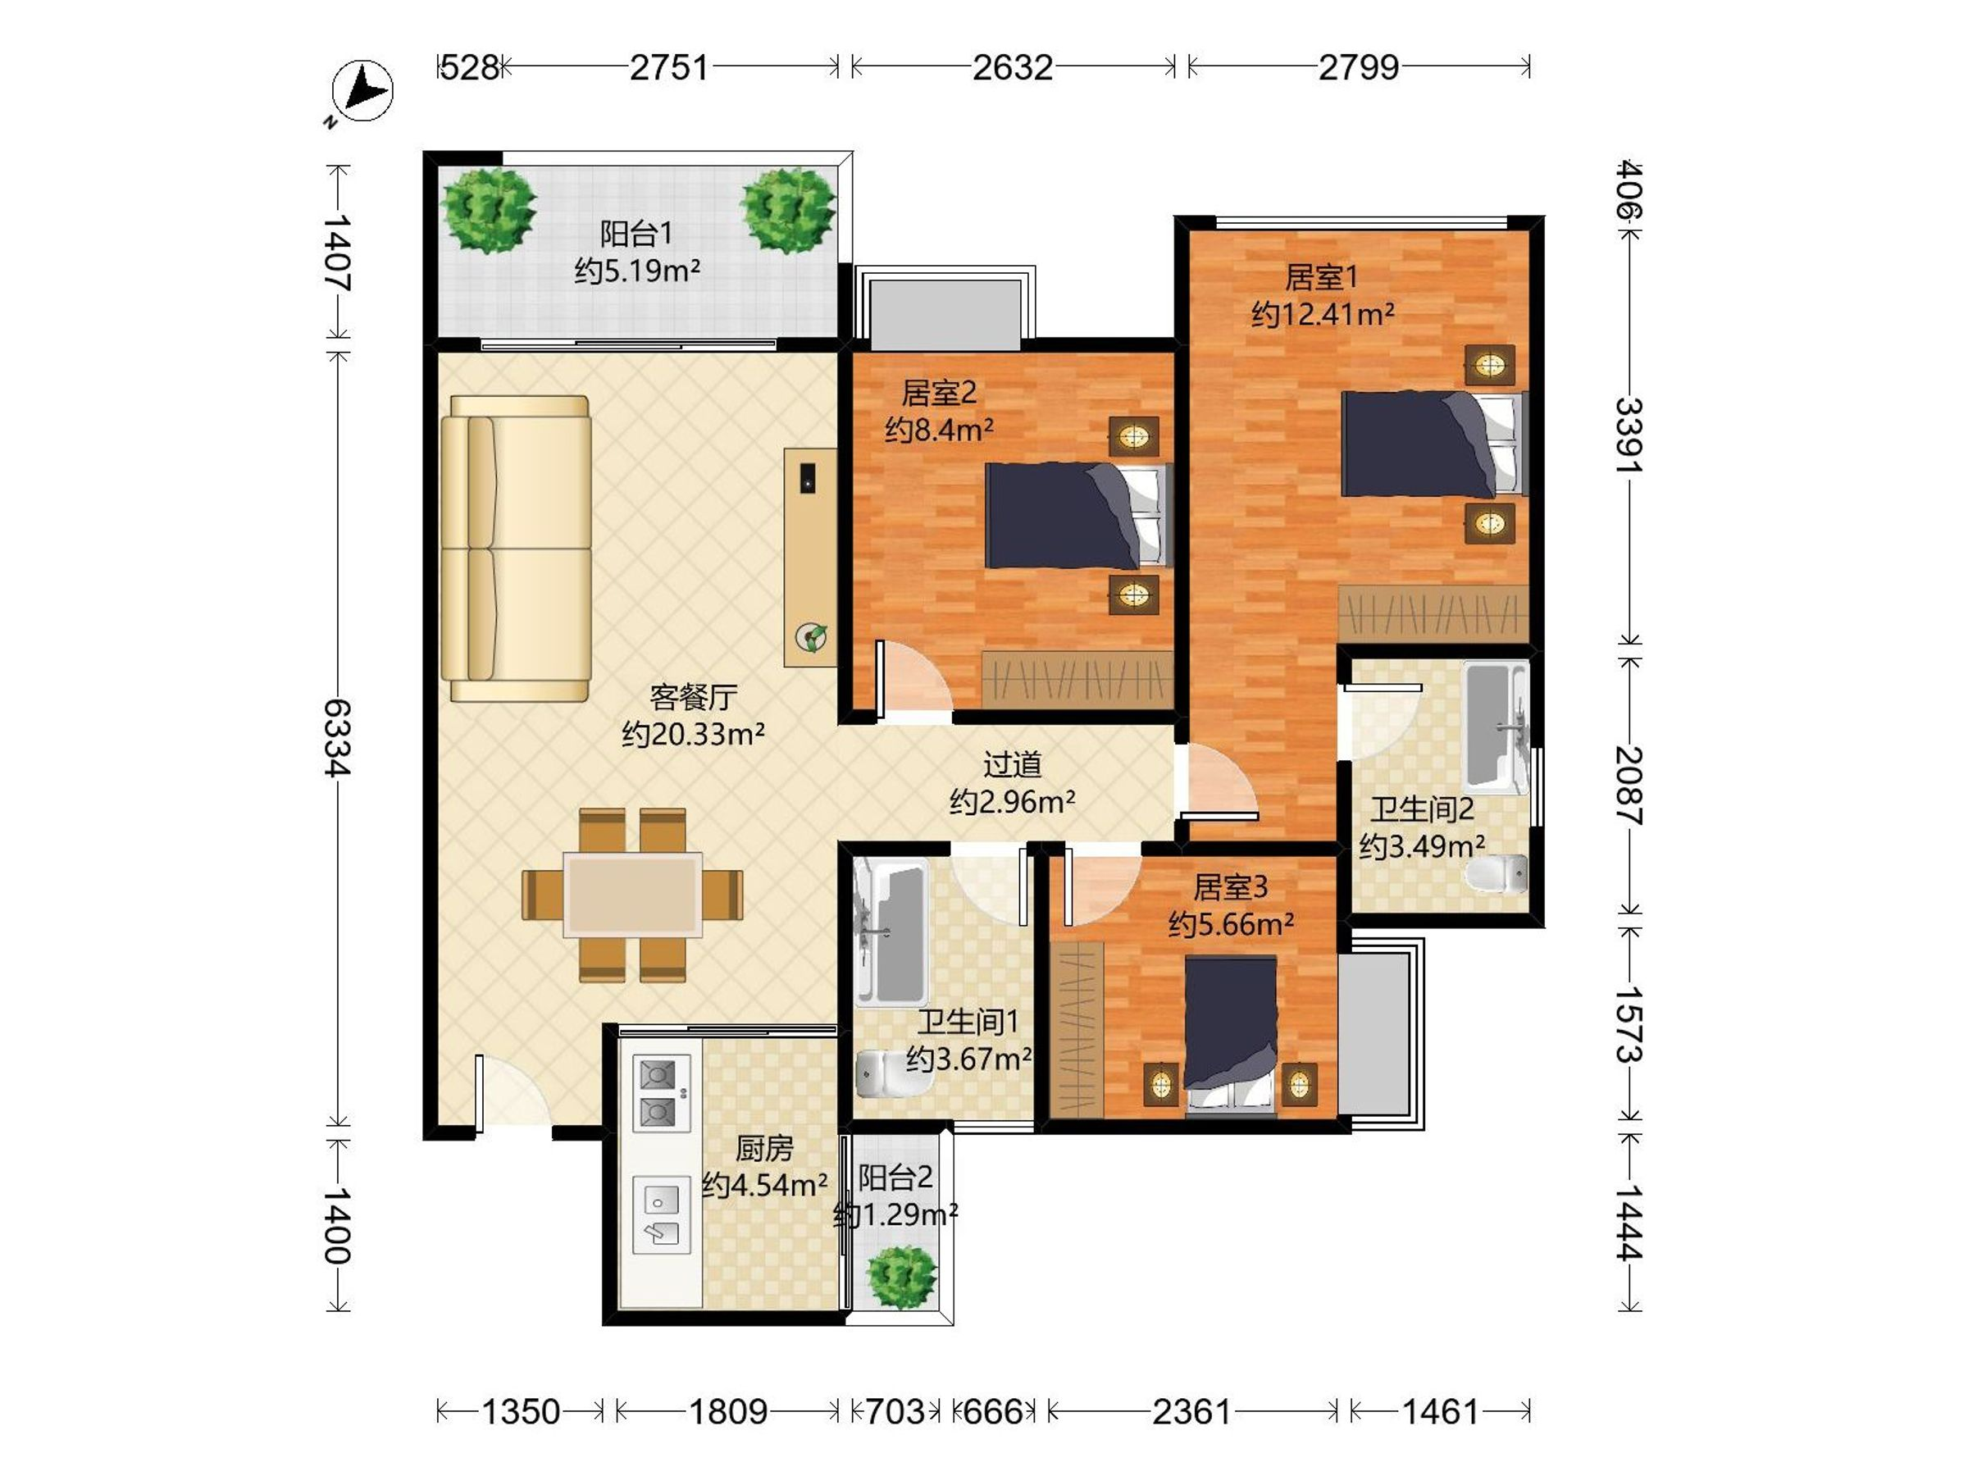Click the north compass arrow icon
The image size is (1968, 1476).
pos(362,91)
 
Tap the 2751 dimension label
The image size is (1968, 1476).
pos(669,67)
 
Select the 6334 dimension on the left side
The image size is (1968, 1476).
pos(337,737)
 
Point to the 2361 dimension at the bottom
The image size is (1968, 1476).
pos(1191,1411)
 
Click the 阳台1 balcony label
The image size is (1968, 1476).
pos(636,234)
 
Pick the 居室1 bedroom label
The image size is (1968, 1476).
pos(1321,278)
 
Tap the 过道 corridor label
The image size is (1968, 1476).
pos(1012,764)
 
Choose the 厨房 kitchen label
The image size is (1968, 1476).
pos(764,1149)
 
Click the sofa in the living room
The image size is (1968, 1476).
pos(516,549)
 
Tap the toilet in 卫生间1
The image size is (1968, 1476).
pos(881,1076)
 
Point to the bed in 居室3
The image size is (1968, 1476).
pos(1231,1036)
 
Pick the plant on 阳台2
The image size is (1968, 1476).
pos(902,1277)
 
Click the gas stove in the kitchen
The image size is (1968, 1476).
pos(661,1095)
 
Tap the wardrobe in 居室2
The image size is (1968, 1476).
pos(1077,681)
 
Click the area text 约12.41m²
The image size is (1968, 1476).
pos(1322,314)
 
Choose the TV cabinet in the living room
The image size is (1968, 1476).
pos(810,557)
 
